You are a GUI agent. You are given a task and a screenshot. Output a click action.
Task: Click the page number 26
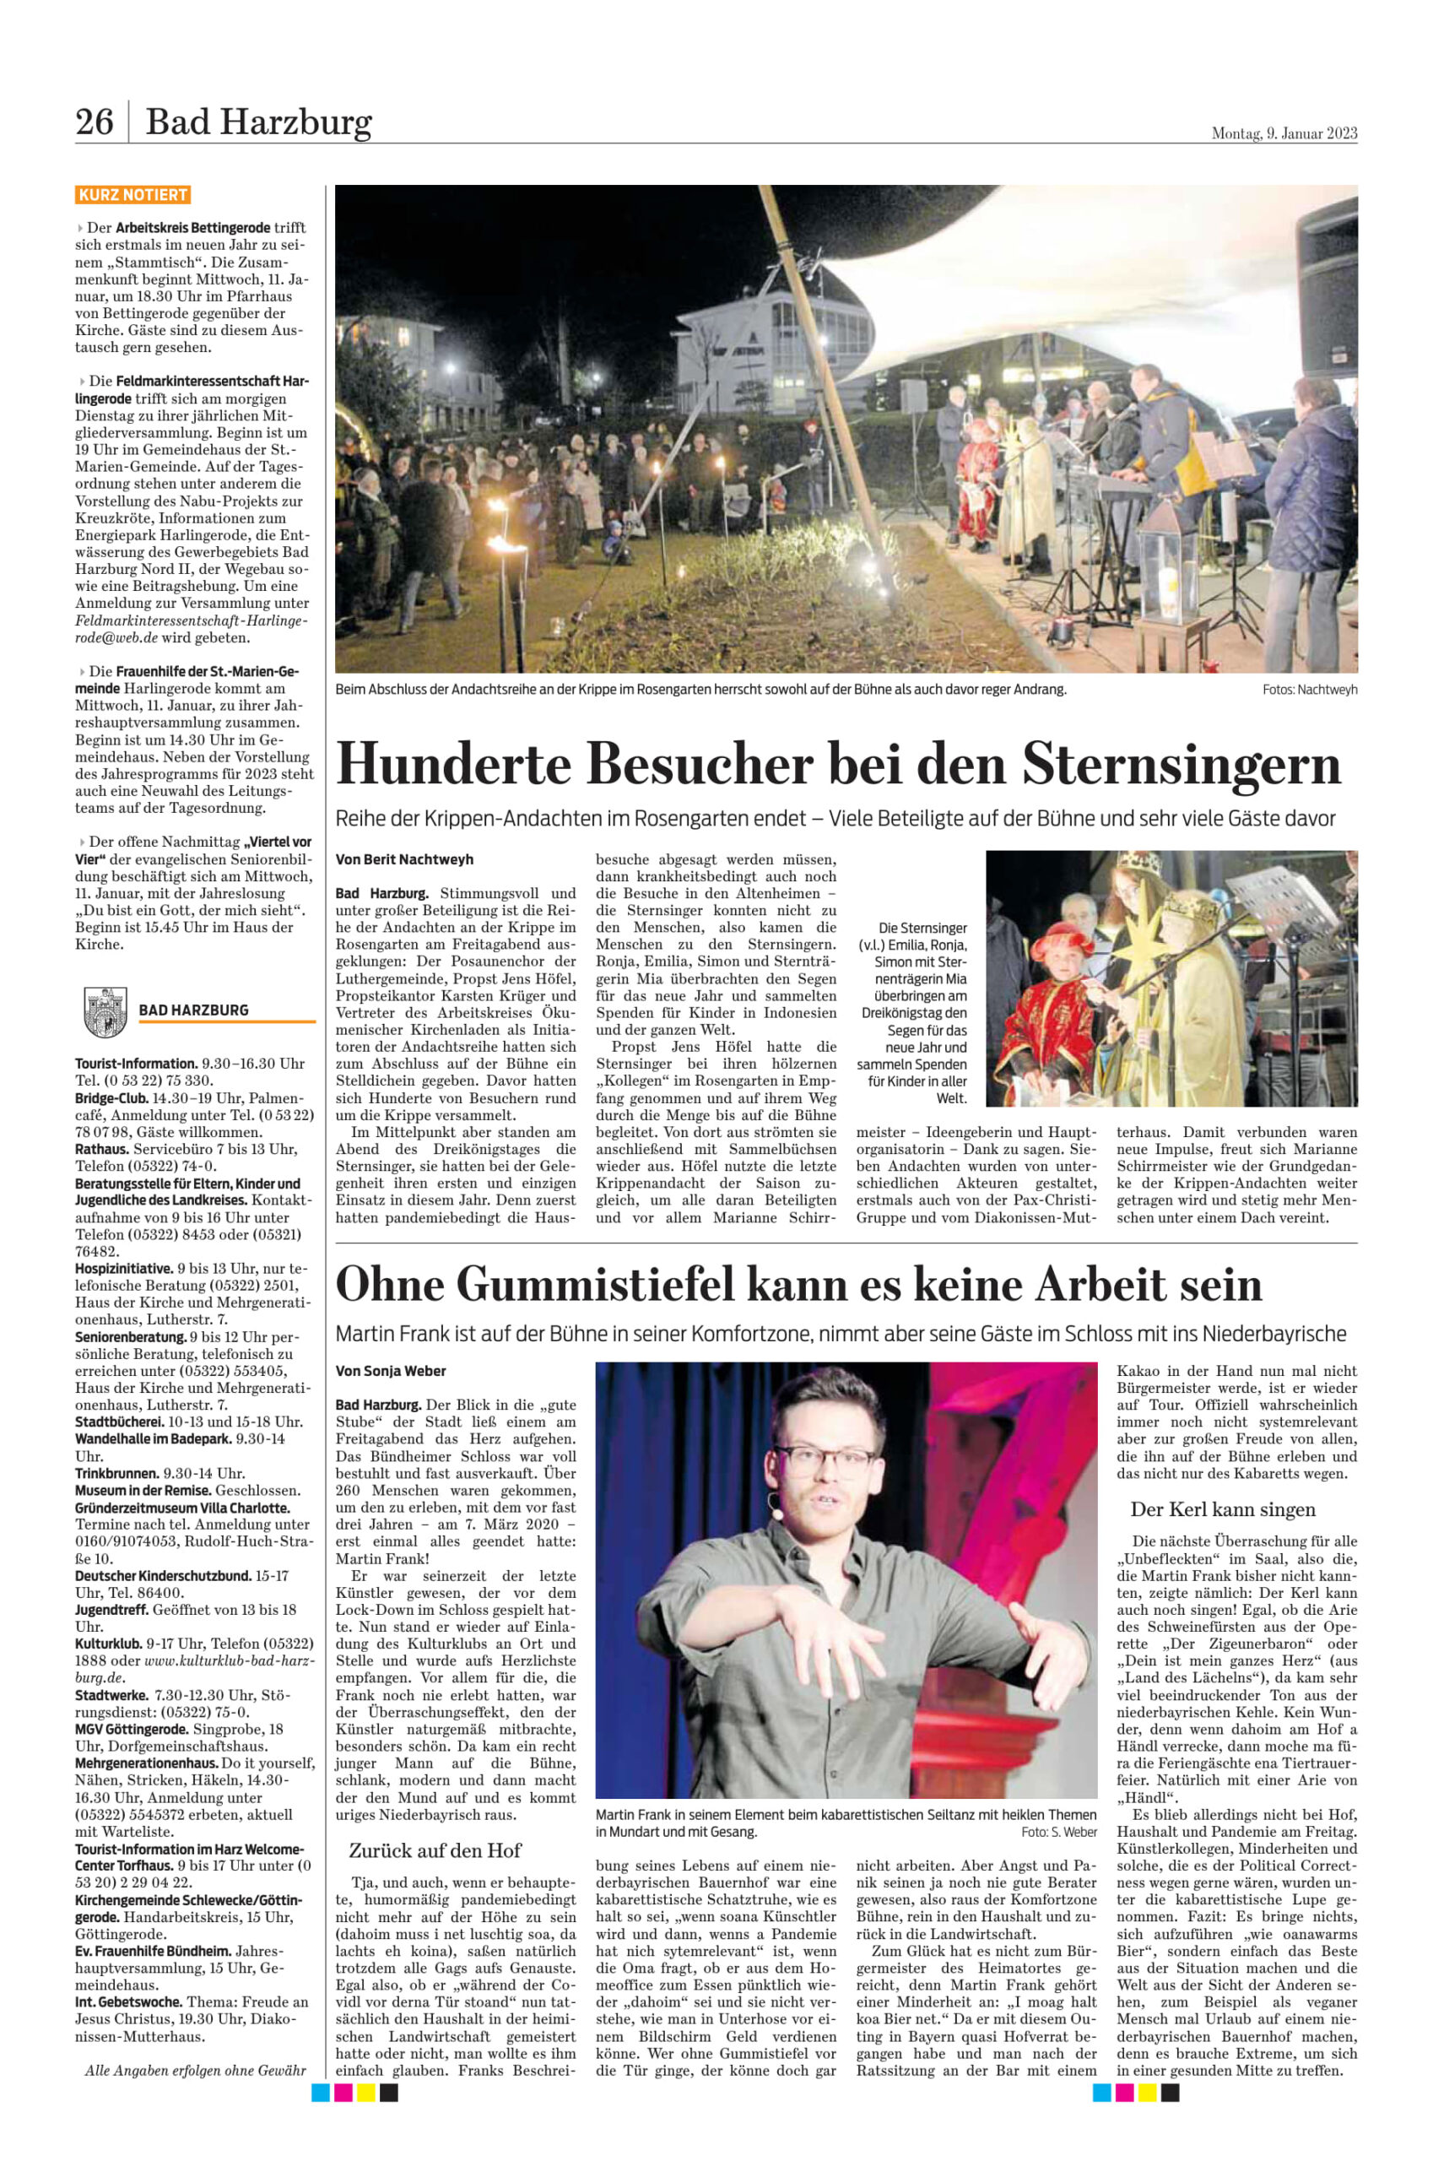[95, 122]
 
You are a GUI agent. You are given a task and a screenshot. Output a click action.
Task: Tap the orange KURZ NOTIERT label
[132, 195]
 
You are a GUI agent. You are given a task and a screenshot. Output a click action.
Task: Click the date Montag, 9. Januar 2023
[1283, 133]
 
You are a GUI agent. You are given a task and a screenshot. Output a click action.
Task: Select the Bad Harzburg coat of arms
[104, 1011]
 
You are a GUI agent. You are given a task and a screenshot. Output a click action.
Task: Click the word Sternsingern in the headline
[1181, 763]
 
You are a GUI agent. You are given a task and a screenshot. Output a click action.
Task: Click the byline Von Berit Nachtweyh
[404, 859]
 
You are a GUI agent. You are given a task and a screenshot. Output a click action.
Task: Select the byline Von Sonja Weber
[390, 1370]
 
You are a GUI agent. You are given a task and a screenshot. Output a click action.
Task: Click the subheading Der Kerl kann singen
[1223, 1509]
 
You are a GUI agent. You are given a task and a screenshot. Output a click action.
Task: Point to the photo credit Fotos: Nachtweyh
[1309, 690]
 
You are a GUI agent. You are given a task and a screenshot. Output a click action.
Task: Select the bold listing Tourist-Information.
[136, 1063]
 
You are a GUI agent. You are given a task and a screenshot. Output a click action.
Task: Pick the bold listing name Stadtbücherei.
[119, 1422]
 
